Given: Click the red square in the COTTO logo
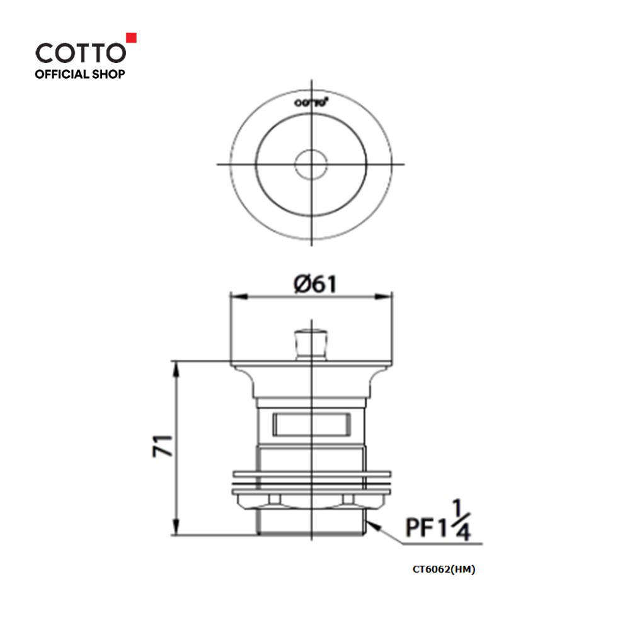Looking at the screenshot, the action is coord(132,37).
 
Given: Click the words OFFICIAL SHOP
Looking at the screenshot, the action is coord(80,74).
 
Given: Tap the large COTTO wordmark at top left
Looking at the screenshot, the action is coord(81,53).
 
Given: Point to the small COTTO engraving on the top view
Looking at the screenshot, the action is coord(311,103).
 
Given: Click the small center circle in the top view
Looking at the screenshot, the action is coord(311,164).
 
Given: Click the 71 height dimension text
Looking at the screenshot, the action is coord(163,445).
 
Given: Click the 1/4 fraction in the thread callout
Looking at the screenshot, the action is coord(461,520).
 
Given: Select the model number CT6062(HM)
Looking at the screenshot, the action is coord(444,570).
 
